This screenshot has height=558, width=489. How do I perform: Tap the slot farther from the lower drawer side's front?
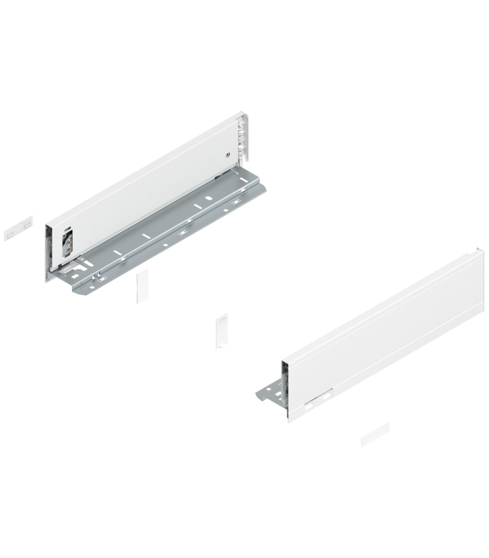326,395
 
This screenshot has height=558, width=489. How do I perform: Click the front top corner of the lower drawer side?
282,361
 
